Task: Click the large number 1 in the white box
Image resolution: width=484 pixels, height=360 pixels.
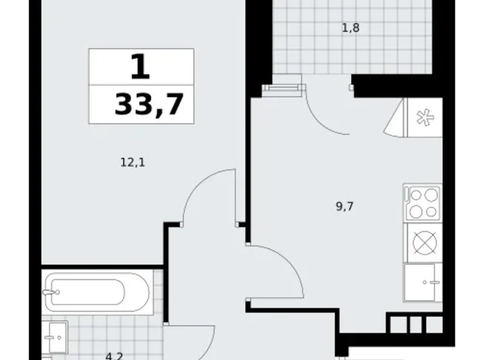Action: pos(140,66)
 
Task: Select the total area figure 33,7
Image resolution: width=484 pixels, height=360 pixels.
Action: pos(149,104)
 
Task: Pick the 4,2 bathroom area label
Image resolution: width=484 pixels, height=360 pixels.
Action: pos(113,356)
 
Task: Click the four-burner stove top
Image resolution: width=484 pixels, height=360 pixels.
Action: pos(423,202)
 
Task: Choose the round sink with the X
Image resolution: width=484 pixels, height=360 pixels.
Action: pos(424,242)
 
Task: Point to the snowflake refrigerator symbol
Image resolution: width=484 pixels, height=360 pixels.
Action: pos(423,118)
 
